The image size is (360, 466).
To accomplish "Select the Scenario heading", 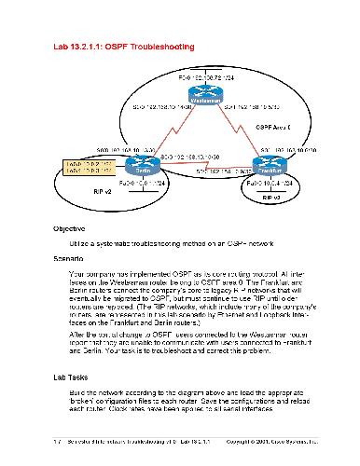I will [70, 255].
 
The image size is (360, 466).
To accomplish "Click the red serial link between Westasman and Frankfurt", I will [237, 130].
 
